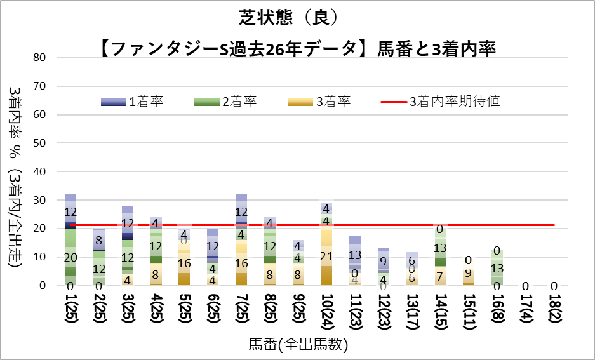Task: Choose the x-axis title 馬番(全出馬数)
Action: (298, 345)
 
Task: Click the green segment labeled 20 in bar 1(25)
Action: (70, 257)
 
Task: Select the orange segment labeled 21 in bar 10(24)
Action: (326, 256)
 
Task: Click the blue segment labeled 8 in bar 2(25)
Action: (99, 241)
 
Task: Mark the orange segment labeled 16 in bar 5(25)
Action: (184, 263)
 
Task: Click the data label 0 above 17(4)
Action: (526, 286)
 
